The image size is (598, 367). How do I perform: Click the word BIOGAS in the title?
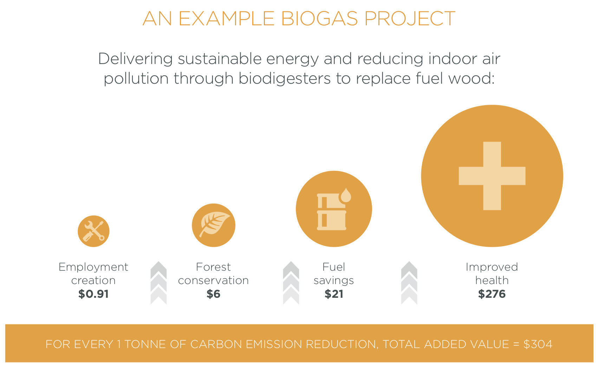pos(319,19)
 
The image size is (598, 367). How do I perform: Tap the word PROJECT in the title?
pos(410,19)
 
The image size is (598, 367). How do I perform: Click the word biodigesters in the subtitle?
pos(285,78)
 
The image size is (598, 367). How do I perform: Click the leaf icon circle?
pos(214,225)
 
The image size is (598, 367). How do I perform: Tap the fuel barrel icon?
pos(332,212)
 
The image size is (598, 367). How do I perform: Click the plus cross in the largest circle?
pos(492,176)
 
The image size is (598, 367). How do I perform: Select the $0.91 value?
pos(93,294)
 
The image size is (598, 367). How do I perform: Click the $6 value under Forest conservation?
pos(213,294)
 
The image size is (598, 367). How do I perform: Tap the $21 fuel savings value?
pos(334,294)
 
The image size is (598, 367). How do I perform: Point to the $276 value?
pos(492,294)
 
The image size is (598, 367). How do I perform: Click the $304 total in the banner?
pos(538,344)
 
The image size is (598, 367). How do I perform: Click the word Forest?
pos(213,267)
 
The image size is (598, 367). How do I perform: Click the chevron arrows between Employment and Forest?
pos(158,283)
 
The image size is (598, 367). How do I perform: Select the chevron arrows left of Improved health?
pos(409,283)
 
